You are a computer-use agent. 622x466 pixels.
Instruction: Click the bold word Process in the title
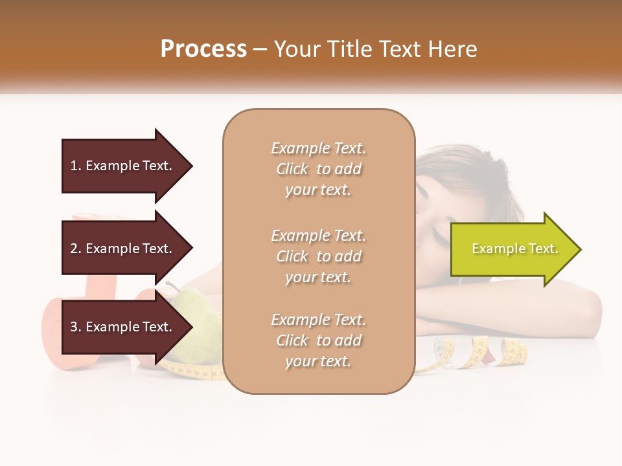[203, 49]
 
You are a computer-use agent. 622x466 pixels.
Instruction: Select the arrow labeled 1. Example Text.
[123, 166]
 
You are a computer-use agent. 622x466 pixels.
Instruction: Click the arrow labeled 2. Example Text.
[123, 249]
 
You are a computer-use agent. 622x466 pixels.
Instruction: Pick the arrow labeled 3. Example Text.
[123, 327]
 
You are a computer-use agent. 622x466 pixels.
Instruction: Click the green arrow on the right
[512, 249]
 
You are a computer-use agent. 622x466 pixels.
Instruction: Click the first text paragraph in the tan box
[318, 169]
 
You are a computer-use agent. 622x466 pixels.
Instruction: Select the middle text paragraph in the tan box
[318, 256]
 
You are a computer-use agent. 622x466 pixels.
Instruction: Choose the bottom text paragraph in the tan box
[318, 340]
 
